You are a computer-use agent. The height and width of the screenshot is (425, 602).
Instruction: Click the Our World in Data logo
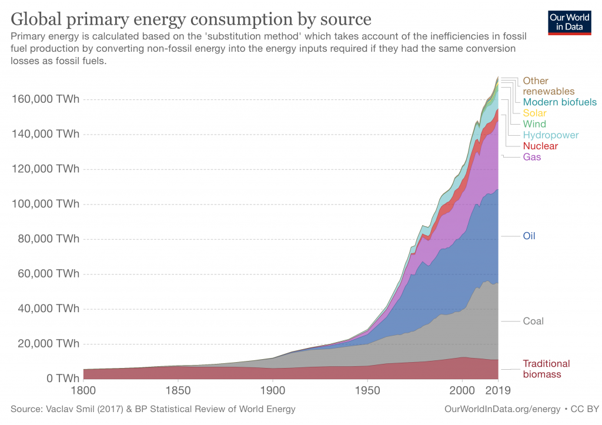click(569, 22)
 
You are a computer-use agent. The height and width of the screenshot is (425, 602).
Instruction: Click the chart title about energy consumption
click(191, 19)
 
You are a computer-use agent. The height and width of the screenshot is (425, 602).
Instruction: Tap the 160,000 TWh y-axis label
click(45, 99)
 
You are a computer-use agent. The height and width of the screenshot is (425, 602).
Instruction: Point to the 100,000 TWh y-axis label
click(45, 204)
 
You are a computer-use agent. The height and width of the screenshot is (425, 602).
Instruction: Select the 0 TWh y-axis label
click(59, 379)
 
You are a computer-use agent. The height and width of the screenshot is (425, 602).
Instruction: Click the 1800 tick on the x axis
click(83, 390)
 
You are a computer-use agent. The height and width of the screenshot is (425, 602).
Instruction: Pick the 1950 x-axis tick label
click(367, 390)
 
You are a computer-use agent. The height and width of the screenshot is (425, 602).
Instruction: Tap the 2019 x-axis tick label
click(499, 390)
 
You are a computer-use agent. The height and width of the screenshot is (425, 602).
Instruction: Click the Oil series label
click(529, 236)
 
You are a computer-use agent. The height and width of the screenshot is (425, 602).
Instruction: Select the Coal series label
click(533, 321)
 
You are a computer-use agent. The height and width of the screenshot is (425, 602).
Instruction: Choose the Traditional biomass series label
click(546, 369)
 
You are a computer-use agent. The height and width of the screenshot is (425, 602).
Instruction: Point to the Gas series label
click(532, 157)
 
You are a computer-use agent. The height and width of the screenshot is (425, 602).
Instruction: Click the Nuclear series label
click(540, 146)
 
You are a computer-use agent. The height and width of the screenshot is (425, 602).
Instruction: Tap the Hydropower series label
click(550, 135)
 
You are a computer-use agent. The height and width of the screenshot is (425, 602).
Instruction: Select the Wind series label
click(534, 124)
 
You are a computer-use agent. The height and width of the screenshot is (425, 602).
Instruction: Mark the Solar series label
click(534, 113)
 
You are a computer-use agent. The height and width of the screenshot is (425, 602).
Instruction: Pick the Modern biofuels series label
click(560, 102)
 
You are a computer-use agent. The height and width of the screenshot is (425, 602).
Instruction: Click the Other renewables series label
click(549, 86)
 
